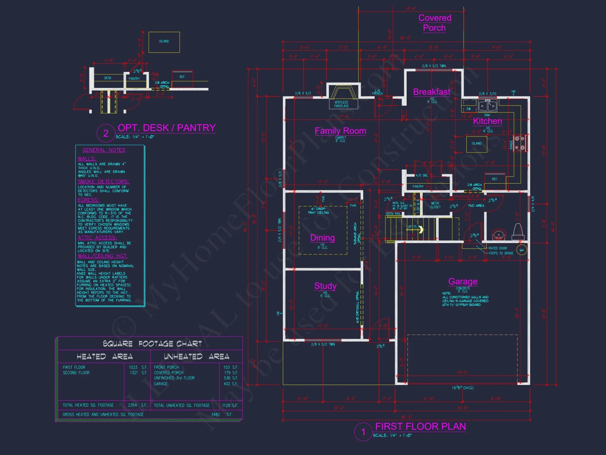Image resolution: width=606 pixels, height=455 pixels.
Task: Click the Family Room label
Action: [340, 131]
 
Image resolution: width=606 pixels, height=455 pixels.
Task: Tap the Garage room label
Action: [463, 281]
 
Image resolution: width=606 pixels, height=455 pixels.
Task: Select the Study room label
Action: [325, 286]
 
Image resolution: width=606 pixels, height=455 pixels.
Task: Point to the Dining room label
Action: [322, 238]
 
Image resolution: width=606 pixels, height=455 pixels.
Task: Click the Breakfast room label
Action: [431, 92]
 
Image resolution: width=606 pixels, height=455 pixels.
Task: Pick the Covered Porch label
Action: [435, 23]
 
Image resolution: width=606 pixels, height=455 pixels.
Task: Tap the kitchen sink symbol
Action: [487, 106]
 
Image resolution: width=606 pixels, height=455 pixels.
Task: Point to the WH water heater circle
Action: [522, 250]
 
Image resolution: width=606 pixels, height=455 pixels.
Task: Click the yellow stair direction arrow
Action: [421, 230]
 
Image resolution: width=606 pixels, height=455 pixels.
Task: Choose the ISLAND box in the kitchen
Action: [476, 144]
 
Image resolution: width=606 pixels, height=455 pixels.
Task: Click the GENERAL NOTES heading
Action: [104, 150]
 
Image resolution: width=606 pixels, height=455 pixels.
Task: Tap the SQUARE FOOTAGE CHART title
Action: [152, 344]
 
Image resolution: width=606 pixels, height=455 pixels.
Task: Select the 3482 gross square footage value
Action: [215, 414]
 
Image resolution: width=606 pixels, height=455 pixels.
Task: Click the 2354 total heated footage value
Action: [132, 405]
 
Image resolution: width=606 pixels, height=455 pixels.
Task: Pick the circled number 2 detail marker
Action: [106, 133]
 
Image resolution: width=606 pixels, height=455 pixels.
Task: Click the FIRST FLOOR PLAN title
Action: [420, 426]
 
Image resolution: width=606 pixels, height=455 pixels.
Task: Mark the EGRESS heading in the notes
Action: [88, 200]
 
